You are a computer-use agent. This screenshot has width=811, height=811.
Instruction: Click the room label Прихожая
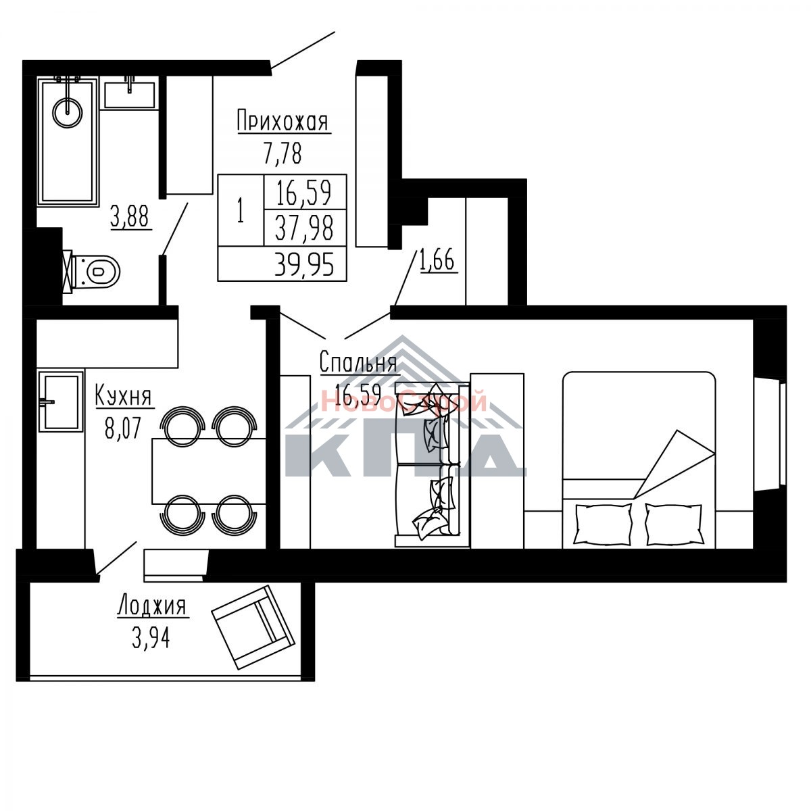(283, 121)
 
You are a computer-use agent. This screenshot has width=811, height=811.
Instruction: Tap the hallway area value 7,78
(283, 153)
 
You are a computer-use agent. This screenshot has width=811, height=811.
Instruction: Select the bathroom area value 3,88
(130, 217)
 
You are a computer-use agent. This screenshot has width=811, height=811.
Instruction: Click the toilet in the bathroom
(93, 272)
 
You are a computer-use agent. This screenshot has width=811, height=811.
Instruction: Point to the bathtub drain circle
(68, 113)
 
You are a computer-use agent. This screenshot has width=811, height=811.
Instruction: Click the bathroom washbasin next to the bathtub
(130, 93)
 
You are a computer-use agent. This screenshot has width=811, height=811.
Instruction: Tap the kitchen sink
(61, 401)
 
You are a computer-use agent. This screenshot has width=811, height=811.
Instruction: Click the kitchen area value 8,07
(122, 428)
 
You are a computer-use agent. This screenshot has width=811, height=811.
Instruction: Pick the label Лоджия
(152, 606)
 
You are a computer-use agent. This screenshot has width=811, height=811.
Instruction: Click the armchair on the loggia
(253, 626)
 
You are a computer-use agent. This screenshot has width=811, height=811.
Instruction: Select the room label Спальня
(358, 362)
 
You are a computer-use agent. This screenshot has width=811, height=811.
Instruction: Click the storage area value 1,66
(437, 260)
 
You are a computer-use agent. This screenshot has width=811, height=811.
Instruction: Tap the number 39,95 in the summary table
(304, 264)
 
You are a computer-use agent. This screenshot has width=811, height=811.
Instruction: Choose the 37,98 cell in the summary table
(304, 228)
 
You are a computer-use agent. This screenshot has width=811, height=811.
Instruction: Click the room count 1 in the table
(241, 210)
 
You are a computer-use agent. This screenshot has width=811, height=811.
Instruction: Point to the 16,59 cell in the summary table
(304, 192)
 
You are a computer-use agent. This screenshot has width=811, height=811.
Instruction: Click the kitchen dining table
(209, 471)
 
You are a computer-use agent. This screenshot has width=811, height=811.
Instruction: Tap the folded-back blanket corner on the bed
(673, 464)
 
